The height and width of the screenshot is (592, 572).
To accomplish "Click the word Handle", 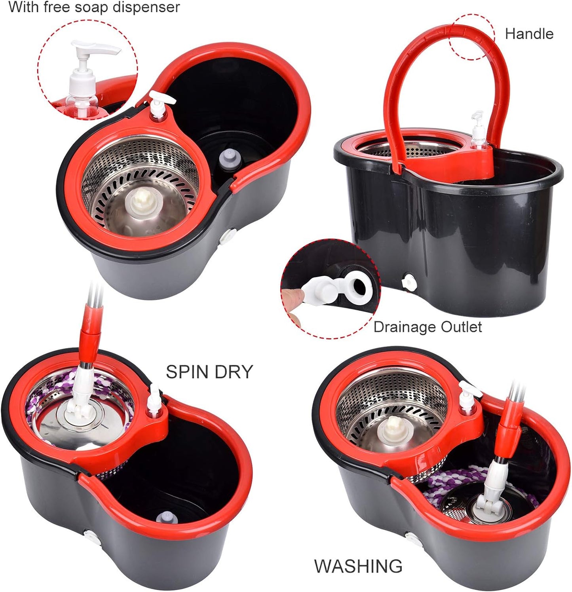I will coord(529,34).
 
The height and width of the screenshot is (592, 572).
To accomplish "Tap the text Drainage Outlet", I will coord(428,327).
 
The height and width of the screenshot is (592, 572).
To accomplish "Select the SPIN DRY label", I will coord(209,372).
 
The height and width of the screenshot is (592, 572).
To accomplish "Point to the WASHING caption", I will coord(358,566).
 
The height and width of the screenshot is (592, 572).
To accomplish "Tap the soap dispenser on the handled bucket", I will coord(479,131).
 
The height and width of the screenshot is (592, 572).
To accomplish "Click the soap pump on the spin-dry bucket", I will coord(154,400).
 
